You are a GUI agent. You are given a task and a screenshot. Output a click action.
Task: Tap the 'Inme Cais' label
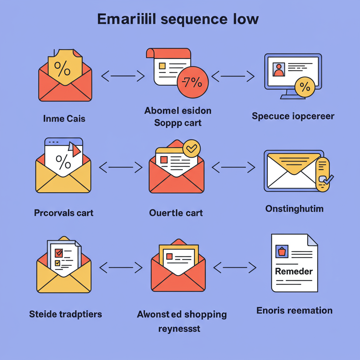64,118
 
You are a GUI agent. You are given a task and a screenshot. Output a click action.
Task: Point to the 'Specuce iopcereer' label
293,116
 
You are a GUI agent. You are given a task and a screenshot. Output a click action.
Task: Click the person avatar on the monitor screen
279,69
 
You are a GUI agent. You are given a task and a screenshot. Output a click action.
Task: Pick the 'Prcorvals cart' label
64,213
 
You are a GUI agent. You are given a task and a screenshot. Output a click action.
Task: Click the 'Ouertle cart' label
176,213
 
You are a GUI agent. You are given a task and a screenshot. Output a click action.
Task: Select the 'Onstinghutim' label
294,208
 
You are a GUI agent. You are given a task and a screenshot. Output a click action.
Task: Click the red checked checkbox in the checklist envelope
59,252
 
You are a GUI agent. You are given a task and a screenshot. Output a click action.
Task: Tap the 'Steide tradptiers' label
65,314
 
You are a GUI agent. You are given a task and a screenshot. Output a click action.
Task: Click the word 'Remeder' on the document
294,271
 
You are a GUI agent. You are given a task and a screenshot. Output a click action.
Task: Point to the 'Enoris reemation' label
294,310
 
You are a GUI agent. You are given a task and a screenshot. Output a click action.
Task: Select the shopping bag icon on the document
282,252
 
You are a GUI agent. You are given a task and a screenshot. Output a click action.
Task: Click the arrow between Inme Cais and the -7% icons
123,76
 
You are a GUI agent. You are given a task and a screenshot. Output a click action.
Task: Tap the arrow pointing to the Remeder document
235,268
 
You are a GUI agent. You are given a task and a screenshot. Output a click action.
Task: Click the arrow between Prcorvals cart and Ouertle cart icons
121,167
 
